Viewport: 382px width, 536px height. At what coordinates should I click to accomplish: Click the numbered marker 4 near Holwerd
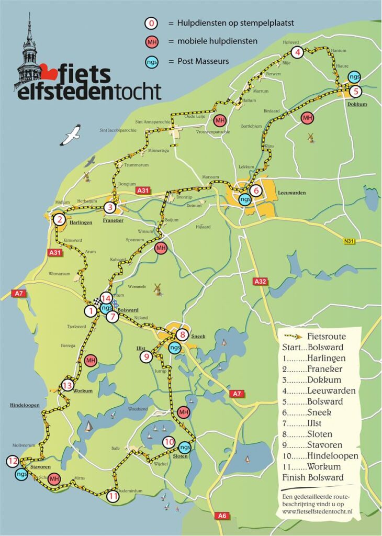point(297,52)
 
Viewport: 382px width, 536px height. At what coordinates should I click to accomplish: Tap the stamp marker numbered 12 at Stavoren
point(13,461)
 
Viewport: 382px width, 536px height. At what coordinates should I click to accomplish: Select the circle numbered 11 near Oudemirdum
point(113,496)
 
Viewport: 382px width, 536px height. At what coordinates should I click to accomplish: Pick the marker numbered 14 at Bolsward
point(106,298)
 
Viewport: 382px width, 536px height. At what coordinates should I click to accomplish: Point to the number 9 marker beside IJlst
point(147,357)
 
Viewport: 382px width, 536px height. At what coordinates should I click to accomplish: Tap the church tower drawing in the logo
point(28,52)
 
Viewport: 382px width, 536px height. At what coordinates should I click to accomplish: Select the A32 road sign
point(260,282)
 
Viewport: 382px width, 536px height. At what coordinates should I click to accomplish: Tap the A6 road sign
point(222,516)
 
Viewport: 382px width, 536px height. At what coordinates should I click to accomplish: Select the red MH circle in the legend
point(151,42)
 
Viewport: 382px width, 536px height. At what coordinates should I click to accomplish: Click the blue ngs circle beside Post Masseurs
point(151,61)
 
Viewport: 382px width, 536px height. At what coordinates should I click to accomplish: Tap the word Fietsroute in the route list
point(327,336)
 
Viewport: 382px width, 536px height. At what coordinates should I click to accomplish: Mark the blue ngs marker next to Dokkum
point(354,76)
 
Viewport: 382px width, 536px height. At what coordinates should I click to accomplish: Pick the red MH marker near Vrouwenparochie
point(220,121)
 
